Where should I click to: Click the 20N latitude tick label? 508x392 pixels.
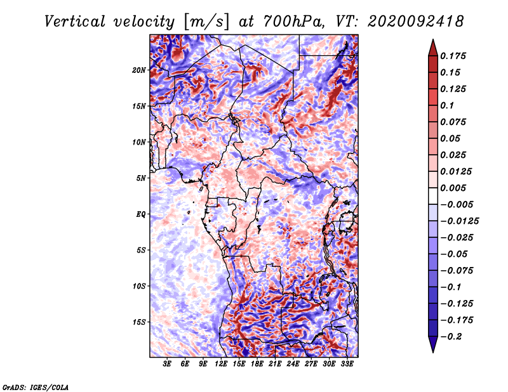pos(139,70)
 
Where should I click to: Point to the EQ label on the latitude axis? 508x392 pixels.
pos(140,214)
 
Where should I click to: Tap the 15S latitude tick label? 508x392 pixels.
pos(139,322)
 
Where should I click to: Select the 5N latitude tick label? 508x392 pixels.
pos(141,178)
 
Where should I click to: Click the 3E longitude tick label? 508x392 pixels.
pos(167,364)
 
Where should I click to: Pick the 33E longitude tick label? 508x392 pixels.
pos(347,364)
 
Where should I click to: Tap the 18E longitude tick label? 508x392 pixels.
pos(257,364)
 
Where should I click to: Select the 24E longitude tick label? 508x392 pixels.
pos(293,364)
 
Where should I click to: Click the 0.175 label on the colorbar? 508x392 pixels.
pos(453,56)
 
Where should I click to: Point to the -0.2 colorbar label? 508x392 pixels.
pos(451,337)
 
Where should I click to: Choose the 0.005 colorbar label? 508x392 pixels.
pos(453,188)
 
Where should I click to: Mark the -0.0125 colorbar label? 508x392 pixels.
pos(459,221)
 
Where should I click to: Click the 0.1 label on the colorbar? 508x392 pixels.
pos(447,105)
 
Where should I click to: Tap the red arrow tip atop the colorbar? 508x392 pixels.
pos(433,40)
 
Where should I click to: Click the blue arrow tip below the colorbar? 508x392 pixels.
pos(433,352)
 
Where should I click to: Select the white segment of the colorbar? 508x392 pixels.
pos(433,196)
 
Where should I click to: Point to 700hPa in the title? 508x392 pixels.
pos(294,22)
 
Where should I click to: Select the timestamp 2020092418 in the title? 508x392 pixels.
pos(416,22)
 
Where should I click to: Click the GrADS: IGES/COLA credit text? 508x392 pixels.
pos(36,387)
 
